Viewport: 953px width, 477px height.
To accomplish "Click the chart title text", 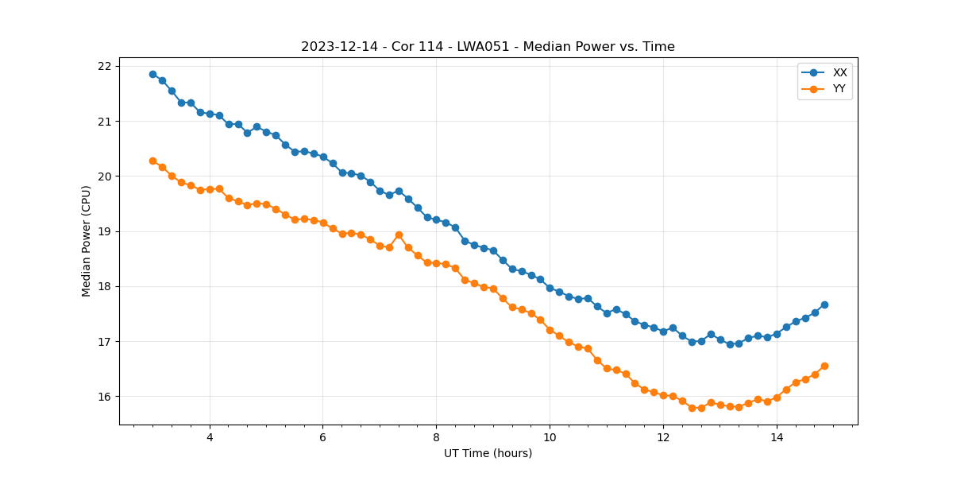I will tap(488, 47).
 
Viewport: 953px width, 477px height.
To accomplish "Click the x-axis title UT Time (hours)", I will tap(488, 453).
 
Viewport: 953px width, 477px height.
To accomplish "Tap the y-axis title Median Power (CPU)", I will tap(87, 241).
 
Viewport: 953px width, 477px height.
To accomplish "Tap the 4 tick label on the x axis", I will tap(210, 437).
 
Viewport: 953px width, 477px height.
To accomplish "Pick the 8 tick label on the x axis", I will tap(436, 437).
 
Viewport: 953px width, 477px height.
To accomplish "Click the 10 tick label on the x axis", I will tap(550, 437).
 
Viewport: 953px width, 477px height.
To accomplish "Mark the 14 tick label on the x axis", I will tap(777, 437).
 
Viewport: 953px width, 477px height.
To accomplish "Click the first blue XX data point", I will tap(152, 74).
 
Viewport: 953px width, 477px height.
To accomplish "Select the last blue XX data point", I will tap(824, 304).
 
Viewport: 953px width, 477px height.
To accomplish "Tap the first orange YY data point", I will tap(152, 161).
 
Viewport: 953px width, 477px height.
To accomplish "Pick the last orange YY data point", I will tap(824, 366).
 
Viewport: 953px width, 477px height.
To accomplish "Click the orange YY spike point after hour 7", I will tap(399, 235).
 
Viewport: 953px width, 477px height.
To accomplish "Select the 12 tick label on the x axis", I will tap(663, 437).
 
